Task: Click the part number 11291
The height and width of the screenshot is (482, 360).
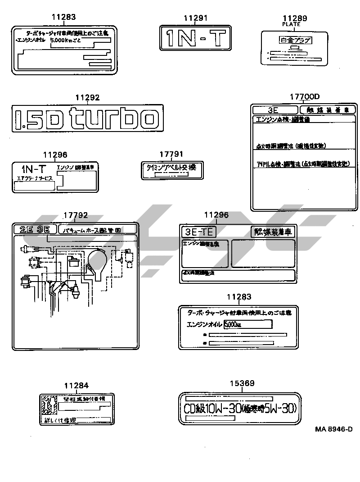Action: coord(195,18)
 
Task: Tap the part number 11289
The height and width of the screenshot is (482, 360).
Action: coord(294,18)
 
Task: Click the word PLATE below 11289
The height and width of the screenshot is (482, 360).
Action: coord(291,24)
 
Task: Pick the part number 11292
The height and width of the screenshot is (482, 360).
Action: coord(87,98)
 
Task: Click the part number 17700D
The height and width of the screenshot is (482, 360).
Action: coord(304,97)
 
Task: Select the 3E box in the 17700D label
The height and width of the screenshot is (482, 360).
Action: coord(274,110)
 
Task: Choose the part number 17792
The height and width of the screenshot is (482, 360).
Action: coord(75,215)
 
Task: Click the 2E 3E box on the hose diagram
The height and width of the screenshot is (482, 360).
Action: coord(35,229)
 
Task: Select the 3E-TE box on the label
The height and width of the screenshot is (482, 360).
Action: coord(198,232)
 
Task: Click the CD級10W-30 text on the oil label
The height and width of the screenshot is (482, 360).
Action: coord(211,409)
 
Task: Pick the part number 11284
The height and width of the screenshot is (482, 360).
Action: coord(76,386)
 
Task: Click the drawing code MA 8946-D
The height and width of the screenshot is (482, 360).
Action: coord(333,429)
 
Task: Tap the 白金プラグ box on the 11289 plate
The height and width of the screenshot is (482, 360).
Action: coord(294,41)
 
